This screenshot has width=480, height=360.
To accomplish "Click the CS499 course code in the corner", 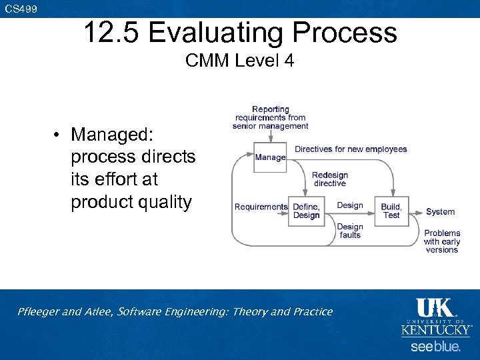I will (x=21, y=9).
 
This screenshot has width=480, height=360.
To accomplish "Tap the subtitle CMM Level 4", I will (x=239, y=61).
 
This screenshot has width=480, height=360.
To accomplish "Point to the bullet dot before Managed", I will (x=59, y=135).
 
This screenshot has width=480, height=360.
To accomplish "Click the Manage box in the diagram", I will (x=270, y=157).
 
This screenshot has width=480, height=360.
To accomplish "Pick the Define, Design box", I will (x=306, y=211).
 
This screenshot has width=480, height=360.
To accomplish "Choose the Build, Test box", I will (x=391, y=211).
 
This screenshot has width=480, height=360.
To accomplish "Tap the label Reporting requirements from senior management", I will (x=270, y=117).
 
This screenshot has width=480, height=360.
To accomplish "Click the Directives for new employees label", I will (x=351, y=149).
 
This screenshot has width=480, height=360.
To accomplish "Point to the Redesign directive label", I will (x=330, y=179).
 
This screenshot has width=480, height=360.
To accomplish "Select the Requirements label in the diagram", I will (x=261, y=207).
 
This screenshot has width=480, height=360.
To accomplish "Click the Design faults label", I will (x=350, y=231).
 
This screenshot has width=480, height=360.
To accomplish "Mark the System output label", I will (x=440, y=211).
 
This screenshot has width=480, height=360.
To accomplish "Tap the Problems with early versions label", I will (x=442, y=241).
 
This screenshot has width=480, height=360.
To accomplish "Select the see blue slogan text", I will (x=435, y=347).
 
